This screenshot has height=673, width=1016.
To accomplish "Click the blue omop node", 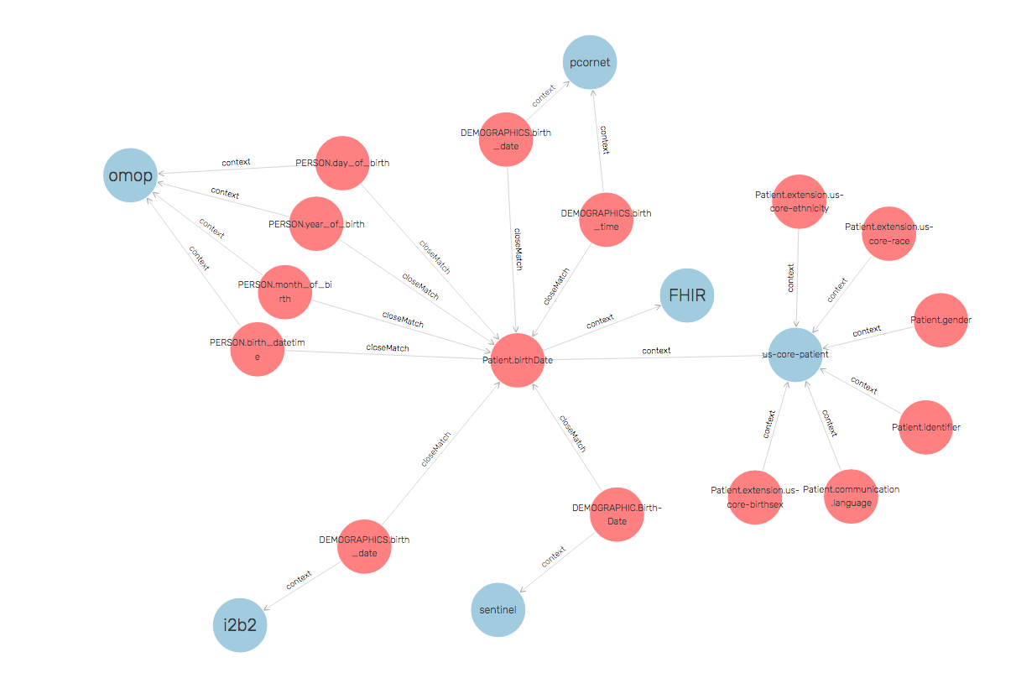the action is (131, 175).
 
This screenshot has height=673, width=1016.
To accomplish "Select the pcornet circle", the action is (590, 62).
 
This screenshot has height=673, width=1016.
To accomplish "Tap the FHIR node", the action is (687, 296).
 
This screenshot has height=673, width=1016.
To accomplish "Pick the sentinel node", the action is (498, 609).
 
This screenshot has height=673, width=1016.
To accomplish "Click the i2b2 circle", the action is (240, 625).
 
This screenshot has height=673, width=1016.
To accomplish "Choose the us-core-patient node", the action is (795, 354).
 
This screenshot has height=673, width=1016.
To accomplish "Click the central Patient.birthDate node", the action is (518, 360).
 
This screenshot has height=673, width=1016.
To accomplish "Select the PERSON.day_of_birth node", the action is (343, 163).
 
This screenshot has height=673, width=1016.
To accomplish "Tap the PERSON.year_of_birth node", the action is (316, 224).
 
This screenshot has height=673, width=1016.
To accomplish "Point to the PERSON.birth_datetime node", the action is (258, 349).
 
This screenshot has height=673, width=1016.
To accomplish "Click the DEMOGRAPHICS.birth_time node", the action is (606, 219).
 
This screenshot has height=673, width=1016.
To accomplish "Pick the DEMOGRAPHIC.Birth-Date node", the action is (617, 514).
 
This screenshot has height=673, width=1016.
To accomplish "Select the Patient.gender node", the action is (940, 320).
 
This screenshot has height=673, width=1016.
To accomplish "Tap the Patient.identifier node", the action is (925, 427).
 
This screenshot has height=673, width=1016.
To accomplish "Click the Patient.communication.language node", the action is (851, 496).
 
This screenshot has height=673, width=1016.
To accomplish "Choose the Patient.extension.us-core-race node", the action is (888, 233).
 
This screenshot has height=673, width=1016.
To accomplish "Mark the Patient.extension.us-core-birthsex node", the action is (755, 496).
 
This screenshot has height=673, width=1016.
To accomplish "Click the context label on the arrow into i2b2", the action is (299, 579).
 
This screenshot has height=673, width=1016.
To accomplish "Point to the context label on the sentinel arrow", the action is (554, 556).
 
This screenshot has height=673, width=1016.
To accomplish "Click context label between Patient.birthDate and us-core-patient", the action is (656, 351).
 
